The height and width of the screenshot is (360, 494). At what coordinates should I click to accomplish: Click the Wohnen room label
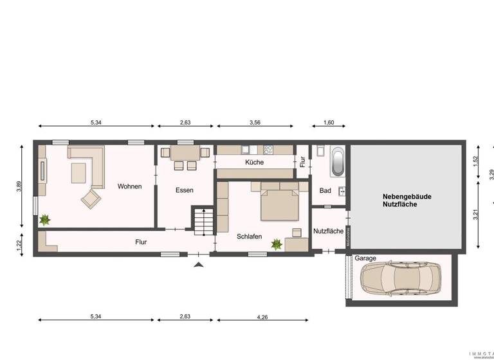coord(129,186)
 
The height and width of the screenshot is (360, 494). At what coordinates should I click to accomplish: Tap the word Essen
coord(185,190)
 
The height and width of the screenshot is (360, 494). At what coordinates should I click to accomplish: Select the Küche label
coord(254,163)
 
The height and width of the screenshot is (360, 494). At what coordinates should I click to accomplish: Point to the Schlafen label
coord(249,237)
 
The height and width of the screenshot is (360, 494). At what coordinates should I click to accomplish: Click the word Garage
coord(365,258)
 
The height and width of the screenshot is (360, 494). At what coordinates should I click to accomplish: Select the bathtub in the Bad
coord(337,161)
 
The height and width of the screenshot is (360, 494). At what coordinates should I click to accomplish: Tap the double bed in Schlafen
coord(279,201)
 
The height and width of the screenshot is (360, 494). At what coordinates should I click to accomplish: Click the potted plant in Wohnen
coord(44,220)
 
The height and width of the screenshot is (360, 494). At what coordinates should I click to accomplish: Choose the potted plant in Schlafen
coord(277,244)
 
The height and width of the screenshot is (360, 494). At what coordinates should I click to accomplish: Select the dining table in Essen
coord(185,154)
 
